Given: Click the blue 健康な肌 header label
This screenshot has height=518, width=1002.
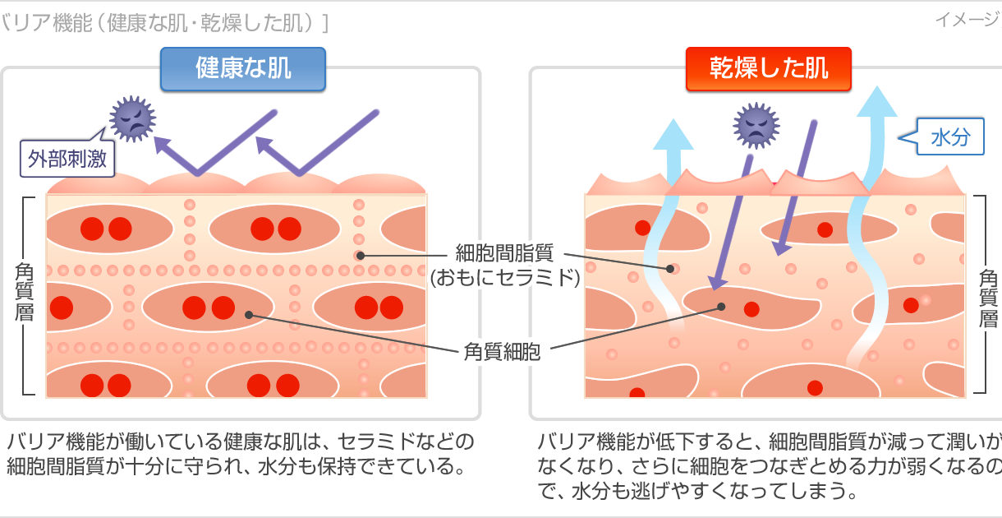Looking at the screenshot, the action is pyautogui.click(x=243, y=69).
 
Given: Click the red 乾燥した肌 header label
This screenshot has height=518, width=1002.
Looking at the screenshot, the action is pyautogui.click(x=769, y=69).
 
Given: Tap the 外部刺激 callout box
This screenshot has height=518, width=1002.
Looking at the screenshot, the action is pyautogui.click(x=67, y=159).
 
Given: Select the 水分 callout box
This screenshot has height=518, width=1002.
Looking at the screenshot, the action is pyautogui.click(x=950, y=136).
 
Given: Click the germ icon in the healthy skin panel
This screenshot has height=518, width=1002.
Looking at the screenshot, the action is pyautogui.click(x=132, y=119).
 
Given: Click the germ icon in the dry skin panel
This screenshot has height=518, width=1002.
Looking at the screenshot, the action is pyautogui.click(x=756, y=126).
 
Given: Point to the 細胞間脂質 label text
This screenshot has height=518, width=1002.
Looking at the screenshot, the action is pyautogui.click(x=504, y=252).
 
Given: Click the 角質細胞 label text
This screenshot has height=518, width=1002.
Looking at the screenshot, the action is pyautogui.click(x=502, y=351).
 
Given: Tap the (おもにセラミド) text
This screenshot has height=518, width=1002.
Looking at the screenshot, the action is pyautogui.click(x=505, y=278).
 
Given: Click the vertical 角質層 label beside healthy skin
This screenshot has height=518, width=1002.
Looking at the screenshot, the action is pyautogui.click(x=24, y=292).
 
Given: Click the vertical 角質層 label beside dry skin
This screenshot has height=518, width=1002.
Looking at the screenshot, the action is pyautogui.click(x=988, y=298).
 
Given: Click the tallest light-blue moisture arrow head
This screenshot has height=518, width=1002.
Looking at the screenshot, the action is pyautogui.click(x=877, y=102).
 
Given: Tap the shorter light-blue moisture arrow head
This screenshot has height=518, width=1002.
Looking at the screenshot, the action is pyautogui.click(x=673, y=134).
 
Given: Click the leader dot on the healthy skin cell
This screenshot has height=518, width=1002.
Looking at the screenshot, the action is pyautogui.click(x=249, y=315).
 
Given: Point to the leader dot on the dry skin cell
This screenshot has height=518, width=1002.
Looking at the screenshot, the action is pyautogui.click(x=721, y=307).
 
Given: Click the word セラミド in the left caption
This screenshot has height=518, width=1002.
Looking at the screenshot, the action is pyautogui.click(x=373, y=442).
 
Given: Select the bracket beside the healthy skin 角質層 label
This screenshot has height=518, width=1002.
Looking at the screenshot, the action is pyautogui.click(x=27, y=296).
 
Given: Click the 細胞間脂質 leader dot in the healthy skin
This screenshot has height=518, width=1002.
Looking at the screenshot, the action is pyautogui.click(x=360, y=256).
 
